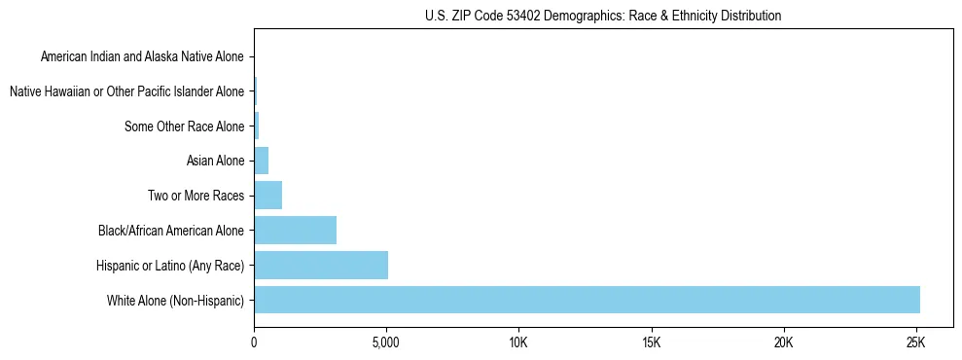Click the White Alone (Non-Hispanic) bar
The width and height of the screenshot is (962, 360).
(587, 300)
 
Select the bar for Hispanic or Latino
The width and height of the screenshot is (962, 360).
(321, 265)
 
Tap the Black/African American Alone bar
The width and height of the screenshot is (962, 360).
(295, 231)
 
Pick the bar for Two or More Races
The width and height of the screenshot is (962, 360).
(267, 196)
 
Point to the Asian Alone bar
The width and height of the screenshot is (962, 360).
(261, 161)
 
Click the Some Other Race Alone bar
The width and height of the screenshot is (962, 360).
(256, 126)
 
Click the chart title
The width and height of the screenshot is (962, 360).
(603, 16)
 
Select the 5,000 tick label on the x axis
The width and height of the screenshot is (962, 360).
(386, 342)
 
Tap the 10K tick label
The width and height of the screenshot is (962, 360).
(518, 342)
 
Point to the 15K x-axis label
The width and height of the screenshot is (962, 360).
(651, 342)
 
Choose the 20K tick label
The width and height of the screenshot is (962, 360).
(783, 342)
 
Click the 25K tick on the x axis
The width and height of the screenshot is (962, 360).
(915, 342)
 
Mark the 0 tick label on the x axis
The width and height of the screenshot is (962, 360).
(254, 342)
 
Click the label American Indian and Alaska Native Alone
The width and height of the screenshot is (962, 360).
(142, 56)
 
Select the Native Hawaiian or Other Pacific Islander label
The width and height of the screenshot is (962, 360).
(126, 91)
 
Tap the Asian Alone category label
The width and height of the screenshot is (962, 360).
(215, 161)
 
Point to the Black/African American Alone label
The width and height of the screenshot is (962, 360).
(171, 231)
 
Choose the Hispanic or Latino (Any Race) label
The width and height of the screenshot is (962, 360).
(170, 265)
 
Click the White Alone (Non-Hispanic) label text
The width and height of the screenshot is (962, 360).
(175, 300)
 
